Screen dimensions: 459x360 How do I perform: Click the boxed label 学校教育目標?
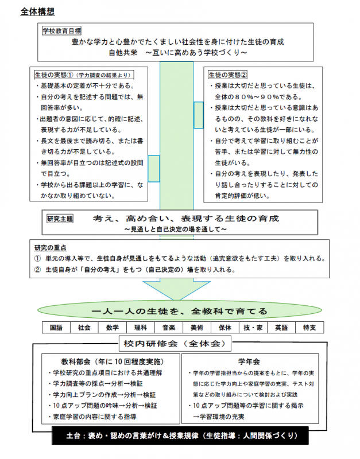coord(61,30)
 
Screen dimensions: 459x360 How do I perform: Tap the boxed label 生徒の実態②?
coord(227,74)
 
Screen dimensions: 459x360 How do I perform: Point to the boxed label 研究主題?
coord(59,219)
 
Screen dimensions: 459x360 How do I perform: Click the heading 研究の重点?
coord(50,248)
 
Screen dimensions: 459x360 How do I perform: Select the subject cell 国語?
coord(56,328)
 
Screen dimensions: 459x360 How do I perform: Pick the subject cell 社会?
coord(84,328)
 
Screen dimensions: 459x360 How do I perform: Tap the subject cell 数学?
coord(113,328)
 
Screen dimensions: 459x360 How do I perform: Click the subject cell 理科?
coord(141,328)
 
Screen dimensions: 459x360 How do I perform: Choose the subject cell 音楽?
coord(169,328)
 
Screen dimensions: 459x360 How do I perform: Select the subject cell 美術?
coord(197,328)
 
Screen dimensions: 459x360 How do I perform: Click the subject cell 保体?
coord(225,328)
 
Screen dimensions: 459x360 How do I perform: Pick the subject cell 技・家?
coord(253,328)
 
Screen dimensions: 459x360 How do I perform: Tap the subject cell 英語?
coord(281,328)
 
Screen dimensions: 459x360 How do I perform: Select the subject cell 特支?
coord(309,328)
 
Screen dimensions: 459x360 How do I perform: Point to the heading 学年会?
coord(252,361)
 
